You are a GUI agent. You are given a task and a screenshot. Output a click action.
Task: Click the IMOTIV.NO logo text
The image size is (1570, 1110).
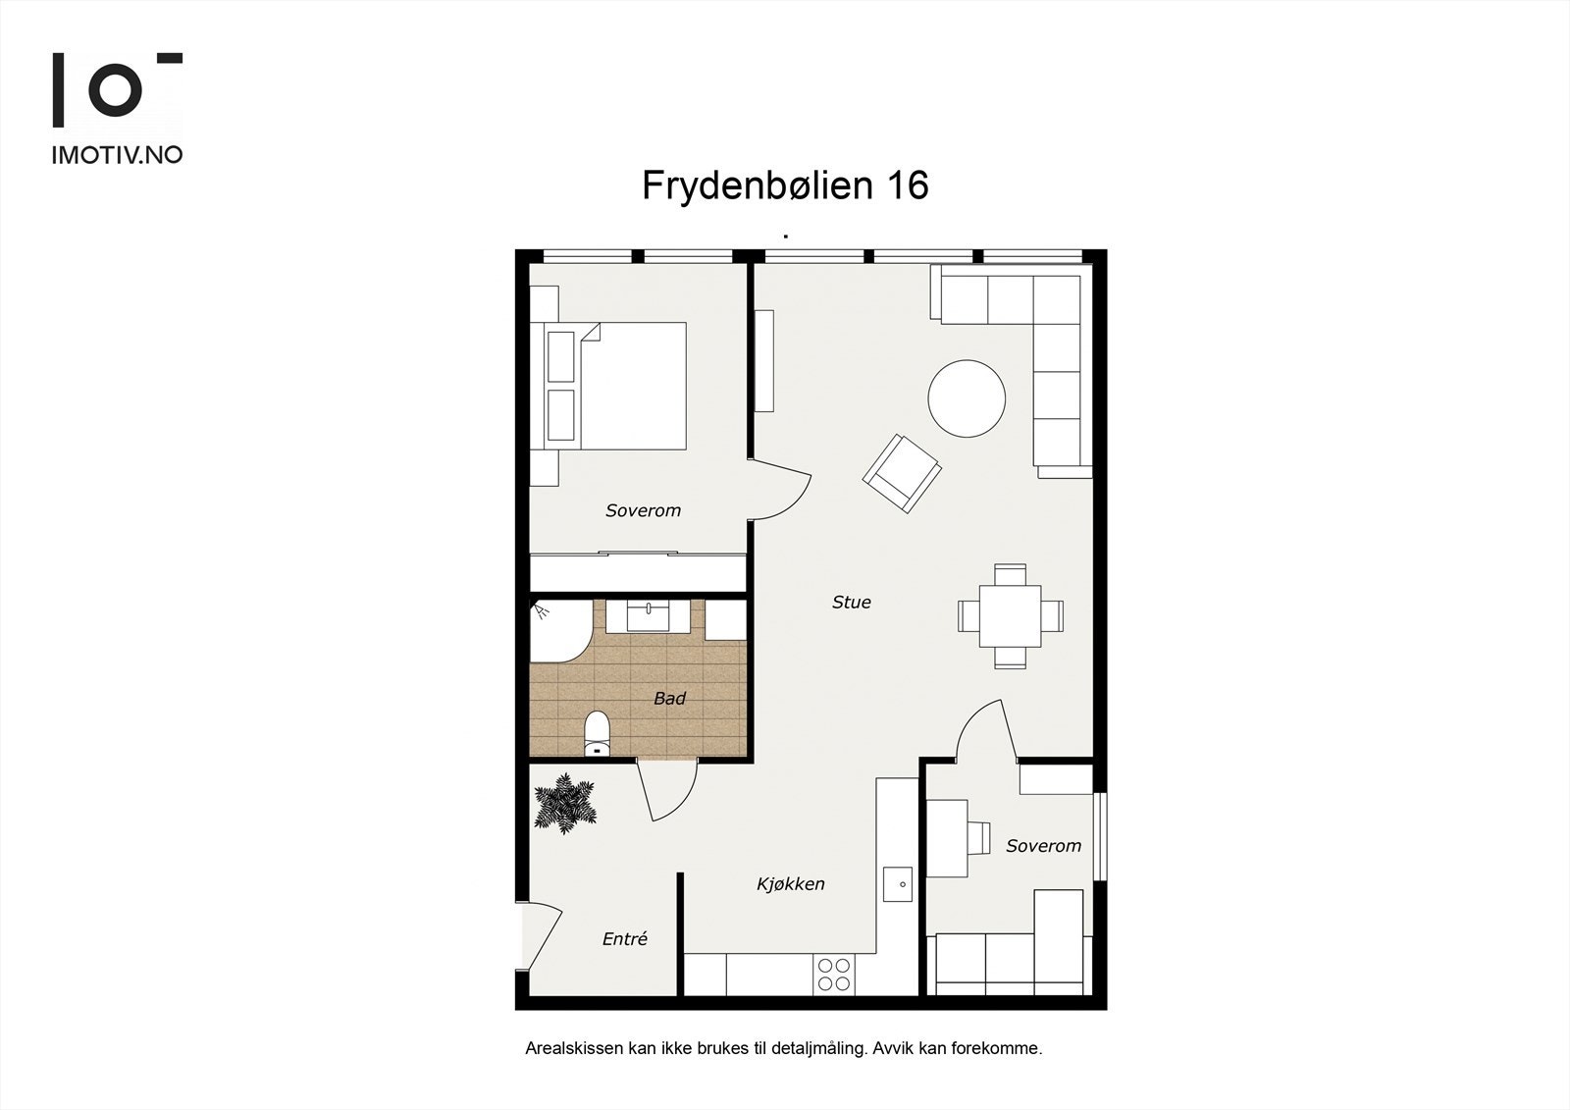point(117,154)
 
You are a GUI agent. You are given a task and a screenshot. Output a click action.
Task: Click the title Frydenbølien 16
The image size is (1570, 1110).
point(785,185)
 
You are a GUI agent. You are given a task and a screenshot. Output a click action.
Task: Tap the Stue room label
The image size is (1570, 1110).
point(851,603)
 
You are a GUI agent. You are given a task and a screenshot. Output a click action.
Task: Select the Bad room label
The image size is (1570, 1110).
point(669,699)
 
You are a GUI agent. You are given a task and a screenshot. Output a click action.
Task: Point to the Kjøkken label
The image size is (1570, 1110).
point(790,884)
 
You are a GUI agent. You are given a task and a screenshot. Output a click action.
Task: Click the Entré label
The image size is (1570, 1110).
point(625,939)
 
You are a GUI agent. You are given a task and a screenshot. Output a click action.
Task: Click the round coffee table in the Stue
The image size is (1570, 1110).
point(967,397)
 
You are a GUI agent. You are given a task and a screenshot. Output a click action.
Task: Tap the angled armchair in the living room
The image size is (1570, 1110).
point(902,473)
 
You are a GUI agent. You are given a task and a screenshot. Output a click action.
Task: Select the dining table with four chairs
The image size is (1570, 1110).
point(1011,615)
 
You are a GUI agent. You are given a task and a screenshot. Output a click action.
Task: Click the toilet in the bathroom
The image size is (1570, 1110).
point(597,734)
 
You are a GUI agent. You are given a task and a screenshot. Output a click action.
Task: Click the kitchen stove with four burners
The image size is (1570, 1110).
point(833,975)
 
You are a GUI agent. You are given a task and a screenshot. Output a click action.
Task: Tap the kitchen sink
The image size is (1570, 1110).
point(897,883)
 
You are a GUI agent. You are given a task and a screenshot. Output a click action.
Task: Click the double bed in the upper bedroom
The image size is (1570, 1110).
point(618,386)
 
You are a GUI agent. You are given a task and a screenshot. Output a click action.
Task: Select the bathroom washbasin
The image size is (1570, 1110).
point(648,615)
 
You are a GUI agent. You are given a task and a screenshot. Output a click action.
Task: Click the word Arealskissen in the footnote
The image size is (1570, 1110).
point(573,1048)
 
